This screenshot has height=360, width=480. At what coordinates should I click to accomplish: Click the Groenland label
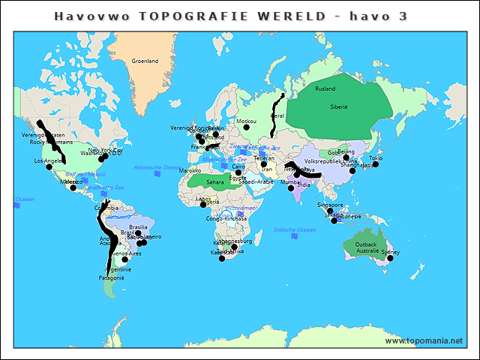point(145,61)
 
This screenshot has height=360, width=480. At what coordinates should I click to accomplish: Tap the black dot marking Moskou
point(246,127)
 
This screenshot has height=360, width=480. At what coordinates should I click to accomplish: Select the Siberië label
point(339,107)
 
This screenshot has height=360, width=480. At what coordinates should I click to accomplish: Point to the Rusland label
point(325,88)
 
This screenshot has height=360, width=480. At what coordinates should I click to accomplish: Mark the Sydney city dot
point(389,259)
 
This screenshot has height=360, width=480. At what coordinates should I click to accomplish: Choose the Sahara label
point(214,181)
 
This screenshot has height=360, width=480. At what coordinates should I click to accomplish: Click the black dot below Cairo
point(238,172)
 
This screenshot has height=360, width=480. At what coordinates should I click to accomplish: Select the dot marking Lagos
point(203,205)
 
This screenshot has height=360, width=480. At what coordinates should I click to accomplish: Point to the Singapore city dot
point(330,211)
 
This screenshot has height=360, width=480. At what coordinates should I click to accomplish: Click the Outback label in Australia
point(366,244)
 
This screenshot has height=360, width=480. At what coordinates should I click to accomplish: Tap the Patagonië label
point(111,277)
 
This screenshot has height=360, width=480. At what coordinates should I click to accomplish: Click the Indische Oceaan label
point(295,229)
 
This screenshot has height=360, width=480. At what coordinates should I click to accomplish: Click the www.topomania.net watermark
point(424,340)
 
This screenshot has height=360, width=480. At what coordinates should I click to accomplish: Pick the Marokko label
point(190,170)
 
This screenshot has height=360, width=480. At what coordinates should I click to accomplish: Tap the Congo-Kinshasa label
point(226,219)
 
